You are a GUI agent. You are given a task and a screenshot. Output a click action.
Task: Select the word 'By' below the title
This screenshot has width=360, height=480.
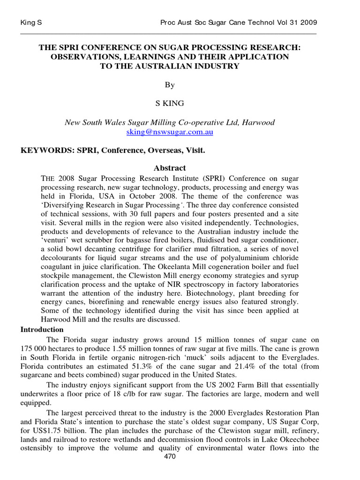click(x=169, y=85)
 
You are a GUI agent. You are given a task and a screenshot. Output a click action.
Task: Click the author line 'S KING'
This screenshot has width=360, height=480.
click(x=169, y=104)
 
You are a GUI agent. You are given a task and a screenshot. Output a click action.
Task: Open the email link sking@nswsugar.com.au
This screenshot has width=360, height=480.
click(x=170, y=132)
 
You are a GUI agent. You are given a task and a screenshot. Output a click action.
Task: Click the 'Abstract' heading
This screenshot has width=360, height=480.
click(x=170, y=168)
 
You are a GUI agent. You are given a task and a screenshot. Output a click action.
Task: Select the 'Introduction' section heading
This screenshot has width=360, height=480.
click(x=42, y=330)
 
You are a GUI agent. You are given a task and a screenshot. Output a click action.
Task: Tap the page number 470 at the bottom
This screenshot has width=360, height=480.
click(x=170, y=457)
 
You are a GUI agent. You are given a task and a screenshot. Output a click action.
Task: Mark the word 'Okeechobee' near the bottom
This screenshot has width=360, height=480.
click(x=296, y=439)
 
